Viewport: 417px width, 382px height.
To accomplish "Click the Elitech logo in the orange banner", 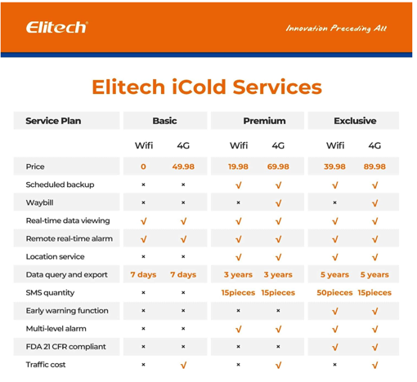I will tap(56, 27).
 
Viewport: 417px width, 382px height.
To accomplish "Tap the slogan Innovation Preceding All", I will tap(336, 29).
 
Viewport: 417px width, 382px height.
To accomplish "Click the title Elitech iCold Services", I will tap(206, 87).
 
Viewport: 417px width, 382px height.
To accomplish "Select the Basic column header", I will tap(164, 121).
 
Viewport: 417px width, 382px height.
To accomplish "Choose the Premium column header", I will tap(264, 121).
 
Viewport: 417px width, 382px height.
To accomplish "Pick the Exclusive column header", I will tap(354, 121).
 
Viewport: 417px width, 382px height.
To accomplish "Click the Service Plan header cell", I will tap(53, 121).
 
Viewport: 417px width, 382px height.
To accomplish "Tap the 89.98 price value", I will tap(374, 167).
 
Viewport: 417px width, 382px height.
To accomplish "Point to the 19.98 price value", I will tap(238, 167).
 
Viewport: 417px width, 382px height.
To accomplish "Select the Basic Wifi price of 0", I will tap(143, 167).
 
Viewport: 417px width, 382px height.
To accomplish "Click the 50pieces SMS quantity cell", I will tap(334, 292).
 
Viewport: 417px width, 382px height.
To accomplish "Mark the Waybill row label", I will tap(39, 202).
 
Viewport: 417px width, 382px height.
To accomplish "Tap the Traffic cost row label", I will tap(46, 365).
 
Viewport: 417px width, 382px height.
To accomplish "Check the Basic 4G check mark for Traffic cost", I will tap(183, 365).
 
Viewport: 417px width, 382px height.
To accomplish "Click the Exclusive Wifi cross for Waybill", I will tap(334, 202).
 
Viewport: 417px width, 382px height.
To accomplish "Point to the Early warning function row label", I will tap(66, 311).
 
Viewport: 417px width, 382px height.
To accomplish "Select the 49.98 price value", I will tap(183, 167).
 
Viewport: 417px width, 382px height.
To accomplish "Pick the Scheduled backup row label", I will tap(60, 184).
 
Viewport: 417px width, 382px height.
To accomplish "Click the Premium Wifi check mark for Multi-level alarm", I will tap(238, 329).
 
